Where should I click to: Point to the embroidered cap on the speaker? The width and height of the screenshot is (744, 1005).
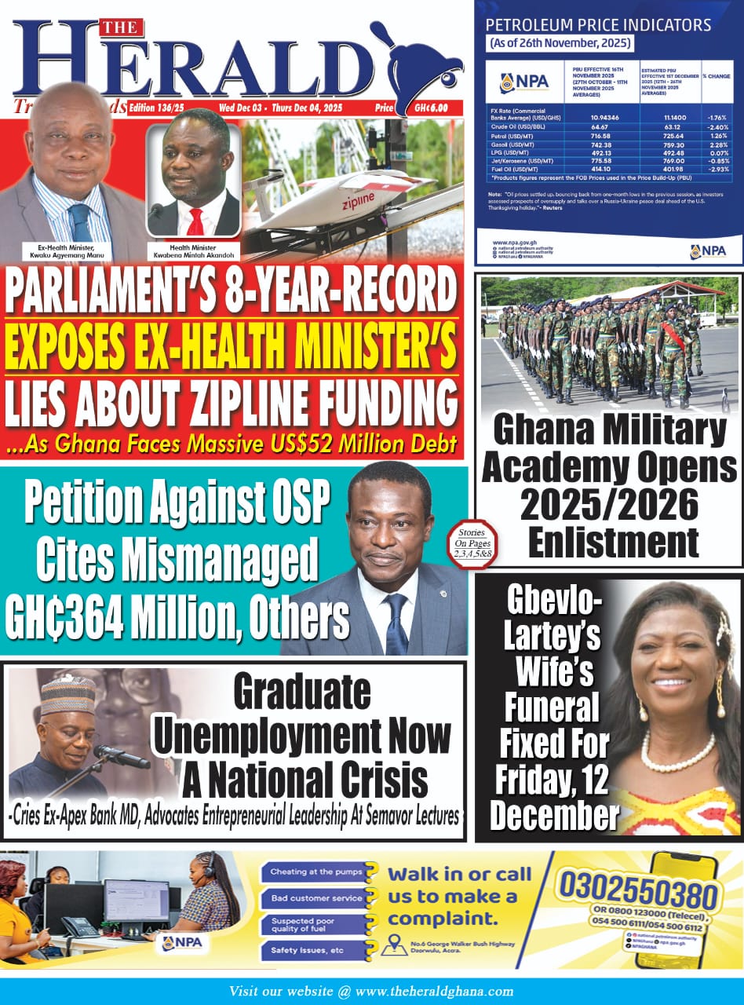[67, 695]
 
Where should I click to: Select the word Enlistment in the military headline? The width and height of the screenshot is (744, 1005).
[613, 542]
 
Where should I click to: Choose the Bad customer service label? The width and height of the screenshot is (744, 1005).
[316, 897]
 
